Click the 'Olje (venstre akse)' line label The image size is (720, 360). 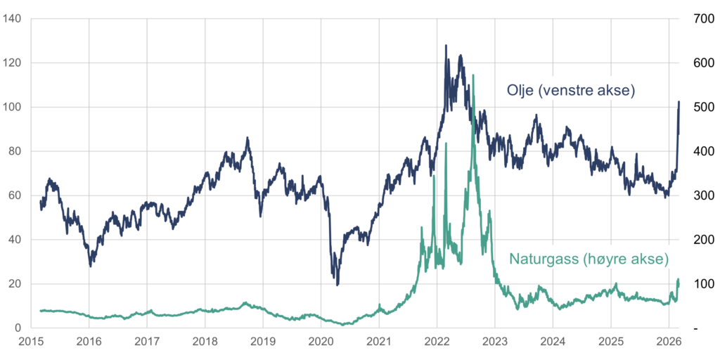coord(570,90)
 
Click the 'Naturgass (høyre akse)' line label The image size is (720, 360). coord(589,259)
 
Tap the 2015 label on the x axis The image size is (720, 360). coord(31,342)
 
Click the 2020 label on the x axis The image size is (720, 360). coord(321,342)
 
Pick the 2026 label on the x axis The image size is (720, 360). coord(668,342)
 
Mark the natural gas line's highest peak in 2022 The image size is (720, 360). coord(473,75)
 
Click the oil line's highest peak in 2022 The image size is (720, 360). coord(446,46)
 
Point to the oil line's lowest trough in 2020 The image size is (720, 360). coord(337,284)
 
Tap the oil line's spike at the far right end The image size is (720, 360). coord(679,102)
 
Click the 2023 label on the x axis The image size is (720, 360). coord(494,342)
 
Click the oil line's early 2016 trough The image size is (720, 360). coord(91,265)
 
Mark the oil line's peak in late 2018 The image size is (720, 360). coord(247,139)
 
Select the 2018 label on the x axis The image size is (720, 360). coord(205,342)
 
